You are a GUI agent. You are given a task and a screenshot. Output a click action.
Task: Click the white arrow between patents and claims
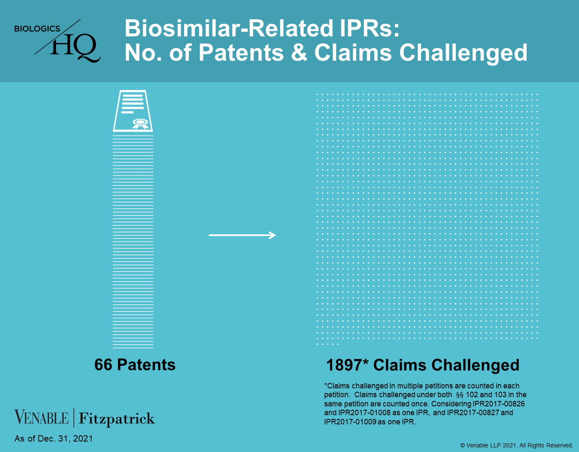(242, 235)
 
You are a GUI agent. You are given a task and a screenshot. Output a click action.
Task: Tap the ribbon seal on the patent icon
(141, 123)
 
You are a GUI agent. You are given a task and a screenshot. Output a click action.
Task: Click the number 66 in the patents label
(103, 365)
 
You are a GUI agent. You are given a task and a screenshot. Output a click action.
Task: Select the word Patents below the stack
(146, 365)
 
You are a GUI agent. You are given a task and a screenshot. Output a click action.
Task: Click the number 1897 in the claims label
(344, 365)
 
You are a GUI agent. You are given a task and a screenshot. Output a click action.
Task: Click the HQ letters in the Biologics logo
(75, 48)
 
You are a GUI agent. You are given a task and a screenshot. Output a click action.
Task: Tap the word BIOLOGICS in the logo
(37, 28)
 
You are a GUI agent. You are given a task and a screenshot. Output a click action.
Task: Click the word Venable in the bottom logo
(41, 417)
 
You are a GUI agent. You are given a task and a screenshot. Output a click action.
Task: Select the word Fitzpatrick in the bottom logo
(116, 419)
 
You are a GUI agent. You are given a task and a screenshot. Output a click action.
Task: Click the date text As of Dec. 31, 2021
(54, 439)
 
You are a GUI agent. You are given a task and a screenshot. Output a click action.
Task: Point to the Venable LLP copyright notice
(517, 445)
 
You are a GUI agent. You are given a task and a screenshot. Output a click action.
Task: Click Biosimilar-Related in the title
(229, 28)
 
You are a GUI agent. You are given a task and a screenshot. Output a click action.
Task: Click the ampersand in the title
(299, 53)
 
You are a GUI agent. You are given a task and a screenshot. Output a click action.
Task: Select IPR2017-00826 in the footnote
(499, 404)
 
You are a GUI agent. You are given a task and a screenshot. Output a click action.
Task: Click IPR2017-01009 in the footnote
(350, 422)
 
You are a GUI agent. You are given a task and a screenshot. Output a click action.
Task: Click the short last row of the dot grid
(328, 344)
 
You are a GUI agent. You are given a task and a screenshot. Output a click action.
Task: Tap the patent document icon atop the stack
(133, 111)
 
